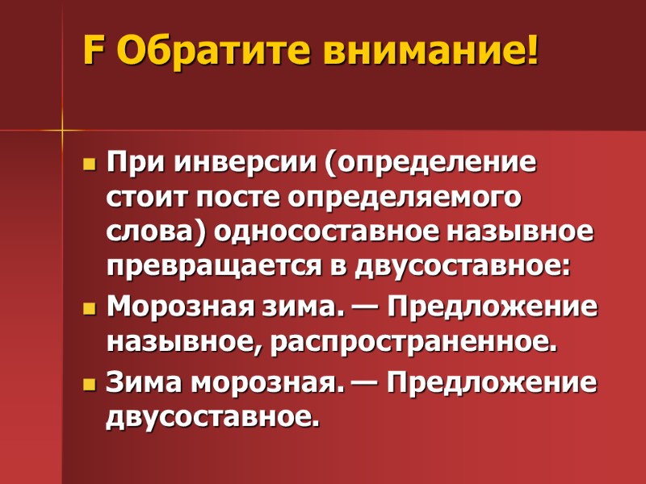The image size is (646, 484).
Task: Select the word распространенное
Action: (x=413, y=344)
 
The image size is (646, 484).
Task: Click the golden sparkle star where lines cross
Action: (x=62, y=130)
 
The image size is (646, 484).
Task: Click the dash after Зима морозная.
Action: (x=360, y=382)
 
